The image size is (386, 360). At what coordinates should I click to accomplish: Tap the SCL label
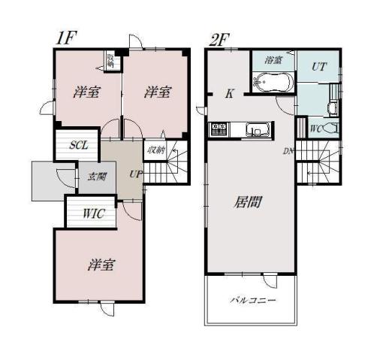point(80,146)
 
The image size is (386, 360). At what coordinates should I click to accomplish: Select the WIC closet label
point(93,213)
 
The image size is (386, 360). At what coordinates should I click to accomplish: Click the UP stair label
point(135,174)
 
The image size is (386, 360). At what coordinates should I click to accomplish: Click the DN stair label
point(288,151)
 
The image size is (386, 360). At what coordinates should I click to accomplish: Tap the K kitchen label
point(230,94)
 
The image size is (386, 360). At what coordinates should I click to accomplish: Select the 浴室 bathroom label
point(273,59)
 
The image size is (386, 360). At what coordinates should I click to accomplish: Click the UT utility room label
point(318,67)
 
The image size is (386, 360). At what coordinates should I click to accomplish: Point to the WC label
point(315,129)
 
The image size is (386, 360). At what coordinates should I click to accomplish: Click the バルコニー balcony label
point(252,300)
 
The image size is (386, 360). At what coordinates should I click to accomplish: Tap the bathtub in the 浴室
point(273,83)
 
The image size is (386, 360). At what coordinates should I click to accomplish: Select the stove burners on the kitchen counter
point(219,129)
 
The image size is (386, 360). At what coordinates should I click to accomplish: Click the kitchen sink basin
point(256,130)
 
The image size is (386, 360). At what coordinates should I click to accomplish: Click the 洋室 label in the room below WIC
point(99,265)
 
